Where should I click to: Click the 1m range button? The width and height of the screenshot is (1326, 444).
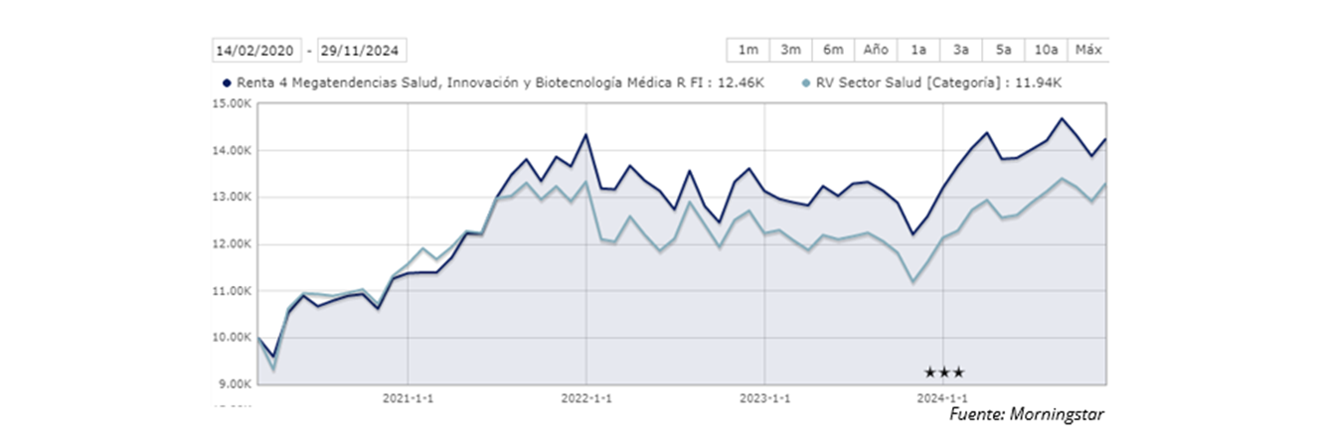748,50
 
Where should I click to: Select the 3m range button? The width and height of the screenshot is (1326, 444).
791,50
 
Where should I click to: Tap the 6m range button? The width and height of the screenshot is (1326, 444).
833,50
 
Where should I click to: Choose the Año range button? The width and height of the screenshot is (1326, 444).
876,50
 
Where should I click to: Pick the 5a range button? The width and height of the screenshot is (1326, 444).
1004,50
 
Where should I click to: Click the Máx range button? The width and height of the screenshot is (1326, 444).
1089,50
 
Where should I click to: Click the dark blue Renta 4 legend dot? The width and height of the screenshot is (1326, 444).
227,84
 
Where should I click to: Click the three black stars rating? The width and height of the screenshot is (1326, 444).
944,372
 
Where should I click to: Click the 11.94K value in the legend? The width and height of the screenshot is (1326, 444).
1039,84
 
